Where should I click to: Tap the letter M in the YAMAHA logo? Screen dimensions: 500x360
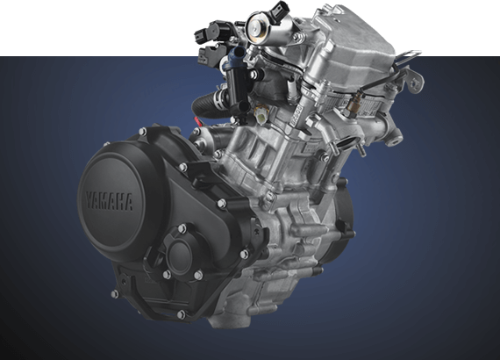pos(105,201)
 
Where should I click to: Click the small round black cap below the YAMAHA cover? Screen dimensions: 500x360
pos(179,257)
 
